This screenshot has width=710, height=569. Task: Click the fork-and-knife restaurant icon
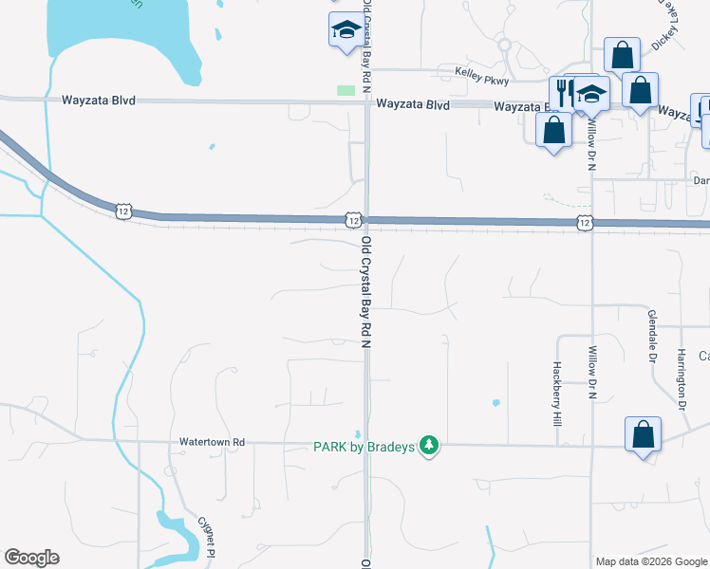(x=563, y=92)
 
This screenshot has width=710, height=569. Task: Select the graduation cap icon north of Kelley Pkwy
(x=346, y=30)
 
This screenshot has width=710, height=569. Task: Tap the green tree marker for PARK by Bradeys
(x=429, y=445)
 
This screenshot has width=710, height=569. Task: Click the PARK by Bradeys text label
(x=365, y=447)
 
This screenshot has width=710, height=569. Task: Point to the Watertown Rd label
(x=213, y=442)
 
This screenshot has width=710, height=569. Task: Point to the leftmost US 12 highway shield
(x=123, y=211)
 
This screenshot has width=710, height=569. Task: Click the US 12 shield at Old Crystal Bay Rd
(x=353, y=220)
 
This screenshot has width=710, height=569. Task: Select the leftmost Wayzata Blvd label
(x=99, y=100)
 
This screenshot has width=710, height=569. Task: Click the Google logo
(x=31, y=558)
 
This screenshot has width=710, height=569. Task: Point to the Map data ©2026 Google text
(x=651, y=561)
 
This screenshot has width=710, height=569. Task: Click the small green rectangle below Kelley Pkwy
(x=346, y=90)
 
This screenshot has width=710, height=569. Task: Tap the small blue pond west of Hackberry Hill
(x=495, y=402)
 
